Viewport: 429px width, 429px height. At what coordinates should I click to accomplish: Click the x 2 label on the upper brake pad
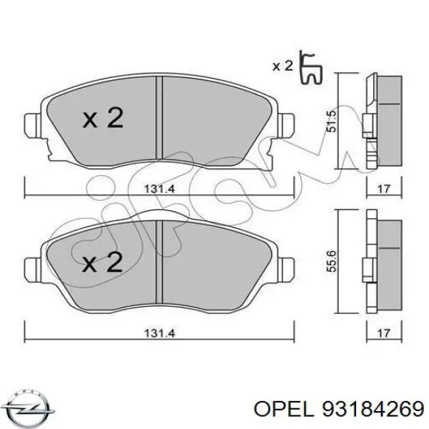pyautogui.click(x=102, y=119)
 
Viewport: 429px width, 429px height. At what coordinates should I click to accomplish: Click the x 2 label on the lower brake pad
pyautogui.click(x=102, y=264)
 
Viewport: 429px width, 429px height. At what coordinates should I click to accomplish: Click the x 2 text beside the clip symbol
pyautogui.click(x=283, y=66)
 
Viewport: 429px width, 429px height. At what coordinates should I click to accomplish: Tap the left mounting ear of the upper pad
pyautogui.click(x=32, y=127)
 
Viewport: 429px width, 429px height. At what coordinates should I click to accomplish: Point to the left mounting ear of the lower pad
pyautogui.click(x=32, y=271)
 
